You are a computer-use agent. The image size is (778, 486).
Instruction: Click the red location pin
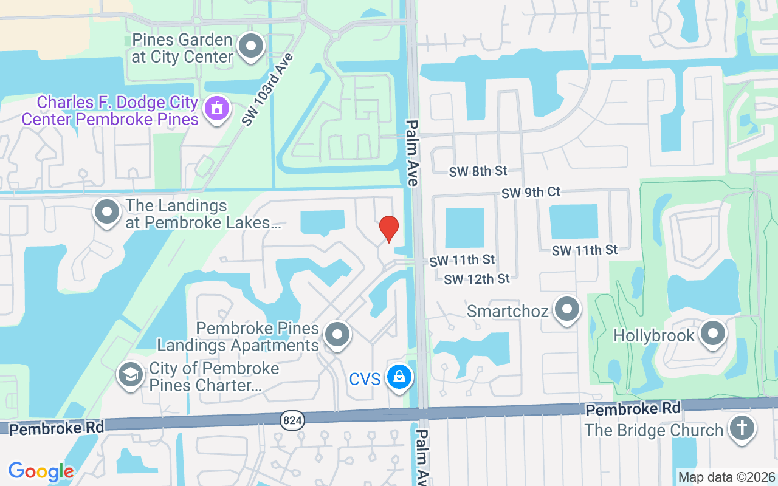point(389,228)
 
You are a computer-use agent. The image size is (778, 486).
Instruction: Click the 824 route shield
point(292,420)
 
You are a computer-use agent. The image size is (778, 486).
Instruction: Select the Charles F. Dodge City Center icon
point(216,109)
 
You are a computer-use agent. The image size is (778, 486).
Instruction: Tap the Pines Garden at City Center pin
point(251,46)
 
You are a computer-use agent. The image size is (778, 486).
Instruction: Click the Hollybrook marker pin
point(713,334)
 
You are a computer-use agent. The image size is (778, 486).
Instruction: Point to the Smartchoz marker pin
point(567,309)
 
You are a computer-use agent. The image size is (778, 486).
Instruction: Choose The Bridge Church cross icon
point(742,428)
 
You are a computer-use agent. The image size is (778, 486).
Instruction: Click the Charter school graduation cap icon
point(130,375)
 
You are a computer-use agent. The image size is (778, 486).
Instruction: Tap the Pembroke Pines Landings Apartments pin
point(337,335)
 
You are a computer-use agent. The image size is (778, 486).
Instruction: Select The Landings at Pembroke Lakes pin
point(108,213)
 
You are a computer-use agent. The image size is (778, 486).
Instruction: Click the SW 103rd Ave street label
point(267,89)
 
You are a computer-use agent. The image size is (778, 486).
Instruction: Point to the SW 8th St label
point(478,171)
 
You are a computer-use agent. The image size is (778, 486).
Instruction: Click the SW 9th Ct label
point(531,193)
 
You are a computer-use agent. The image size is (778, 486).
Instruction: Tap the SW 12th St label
point(477,279)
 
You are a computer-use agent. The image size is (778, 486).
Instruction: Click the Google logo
point(41,471)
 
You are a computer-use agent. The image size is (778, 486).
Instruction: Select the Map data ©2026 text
point(726,477)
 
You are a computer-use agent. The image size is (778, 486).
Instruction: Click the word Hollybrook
point(653,336)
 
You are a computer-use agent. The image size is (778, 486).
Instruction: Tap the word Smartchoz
point(508,312)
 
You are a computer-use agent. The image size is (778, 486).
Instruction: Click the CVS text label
point(365,380)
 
